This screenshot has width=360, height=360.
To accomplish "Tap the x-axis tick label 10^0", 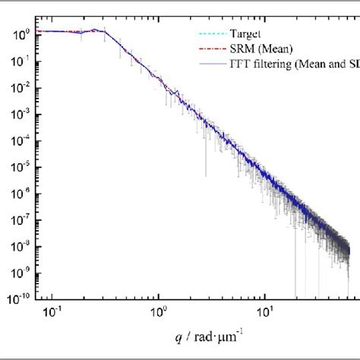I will (159, 311).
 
